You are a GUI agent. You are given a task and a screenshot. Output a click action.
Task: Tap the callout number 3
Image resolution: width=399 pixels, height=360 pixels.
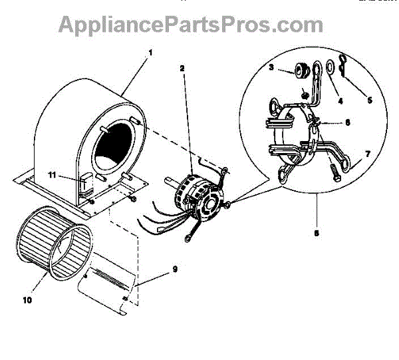(x=272, y=67)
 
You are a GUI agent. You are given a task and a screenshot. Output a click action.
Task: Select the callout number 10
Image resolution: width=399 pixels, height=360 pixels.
(x=27, y=299)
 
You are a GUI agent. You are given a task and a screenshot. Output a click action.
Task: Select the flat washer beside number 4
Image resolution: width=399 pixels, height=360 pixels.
(x=327, y=67)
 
